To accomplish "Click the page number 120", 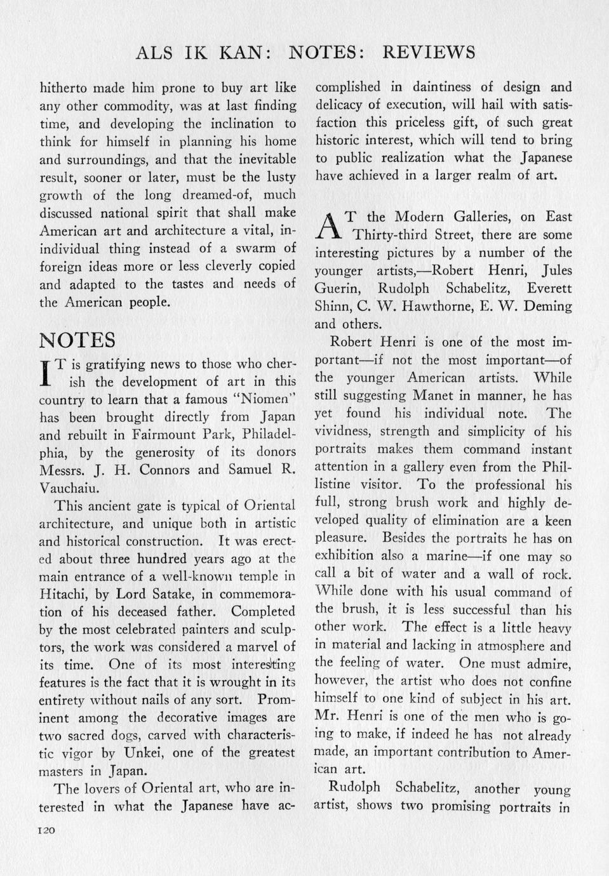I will (x=48, y=830).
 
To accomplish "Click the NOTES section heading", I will (x=77, y=340).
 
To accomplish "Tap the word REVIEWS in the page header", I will (x=429, y=52).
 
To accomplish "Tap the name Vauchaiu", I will (x=72, y=488).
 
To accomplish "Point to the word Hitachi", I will (x=64, y=594).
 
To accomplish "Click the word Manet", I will (x=432, y=395).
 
